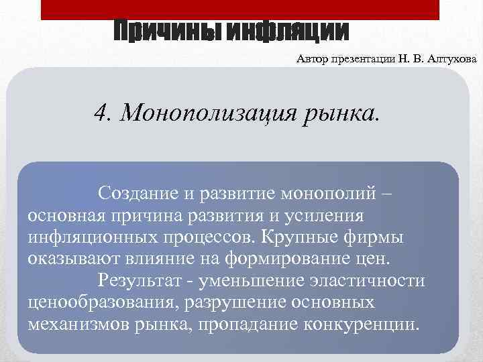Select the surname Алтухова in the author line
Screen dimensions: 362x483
pos(451,60)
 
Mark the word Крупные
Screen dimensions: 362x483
pos(310,237)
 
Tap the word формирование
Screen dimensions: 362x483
pos(291,258)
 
